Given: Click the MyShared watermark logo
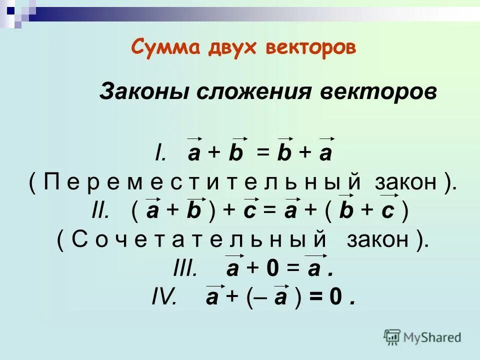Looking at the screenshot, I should (x=422, y=337).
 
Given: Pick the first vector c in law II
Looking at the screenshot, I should (x=250, y=212).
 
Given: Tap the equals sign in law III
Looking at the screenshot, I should (x=293, y=269).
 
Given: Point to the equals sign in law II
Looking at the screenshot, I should (x=270, y=212).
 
